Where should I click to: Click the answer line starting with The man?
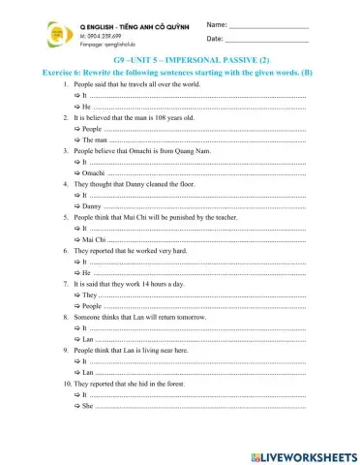pyautogui.click(x=194, y=139)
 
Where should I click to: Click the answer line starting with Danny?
pyautogui.click(x=194, y=206)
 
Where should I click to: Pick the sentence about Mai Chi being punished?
pyautogui.click(x=155, y=219)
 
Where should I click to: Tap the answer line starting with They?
pyautogui.click(x=194, y=294)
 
